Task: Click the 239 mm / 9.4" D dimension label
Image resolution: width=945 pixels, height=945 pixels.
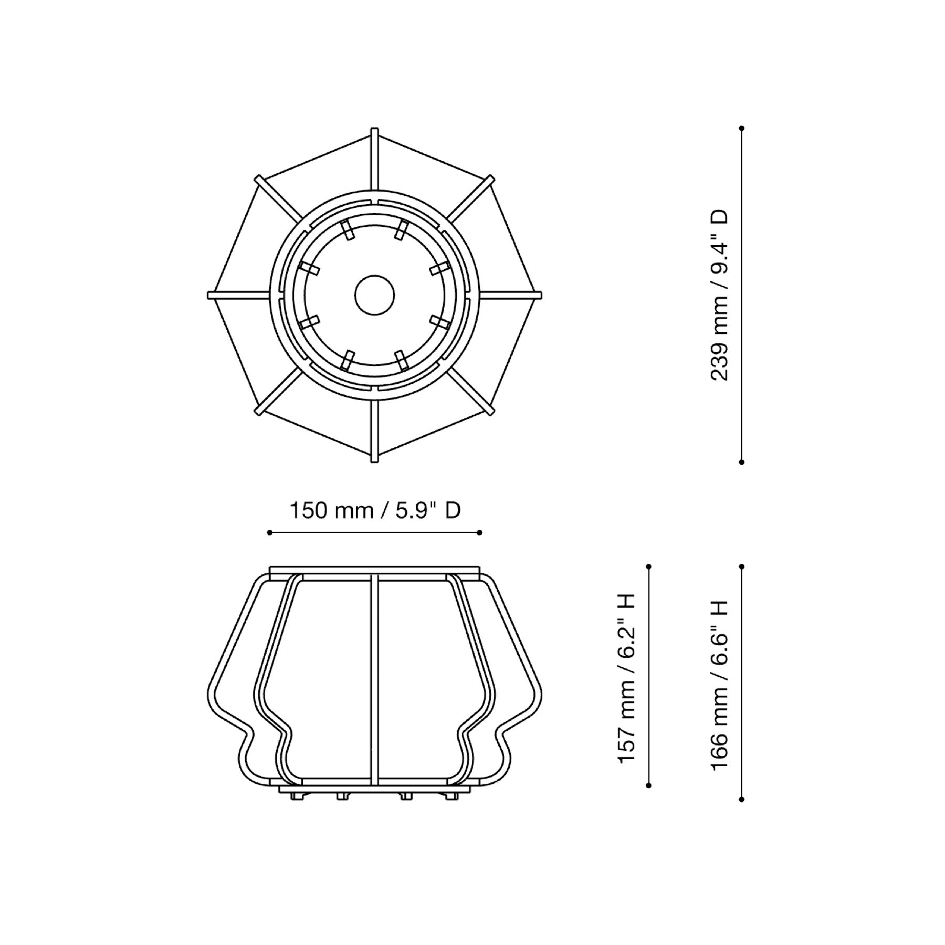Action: click(719, 295)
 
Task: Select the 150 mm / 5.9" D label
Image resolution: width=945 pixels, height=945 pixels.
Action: click(375, 510)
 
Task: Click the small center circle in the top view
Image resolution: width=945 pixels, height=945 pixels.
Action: click(374, 295)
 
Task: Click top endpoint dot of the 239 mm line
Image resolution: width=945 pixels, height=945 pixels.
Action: click(741, 128)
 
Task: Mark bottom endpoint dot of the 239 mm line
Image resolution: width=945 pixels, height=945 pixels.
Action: click(741, 462)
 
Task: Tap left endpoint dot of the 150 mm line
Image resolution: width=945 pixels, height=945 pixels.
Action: click(269, 532)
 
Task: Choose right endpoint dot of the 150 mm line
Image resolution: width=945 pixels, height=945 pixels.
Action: click(480, 532)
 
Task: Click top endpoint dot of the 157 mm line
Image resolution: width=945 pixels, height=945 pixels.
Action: click(649, 566)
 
